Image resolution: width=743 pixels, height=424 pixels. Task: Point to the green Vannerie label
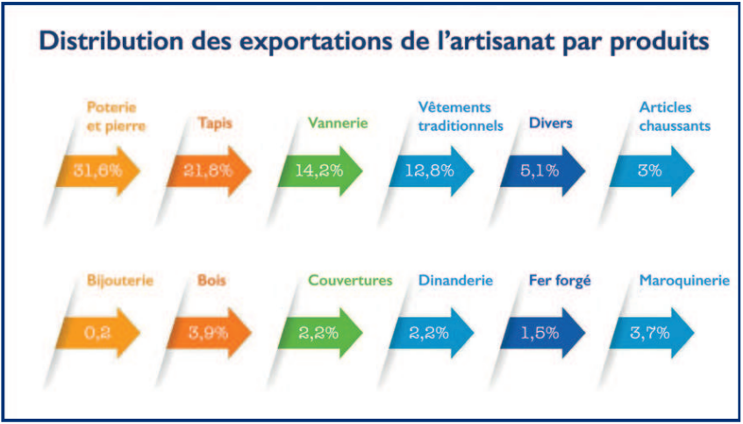338,123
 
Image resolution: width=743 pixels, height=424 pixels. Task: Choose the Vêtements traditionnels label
461,116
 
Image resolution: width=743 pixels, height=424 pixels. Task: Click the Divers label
550,123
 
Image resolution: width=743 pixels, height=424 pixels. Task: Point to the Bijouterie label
120,282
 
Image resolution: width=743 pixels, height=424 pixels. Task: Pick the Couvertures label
349,282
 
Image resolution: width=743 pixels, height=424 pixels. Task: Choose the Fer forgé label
559,282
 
